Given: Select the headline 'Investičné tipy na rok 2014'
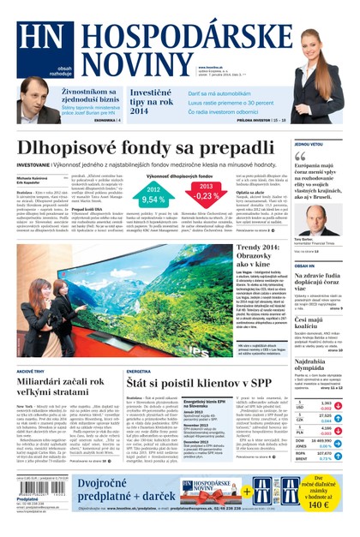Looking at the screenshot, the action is (151, 101).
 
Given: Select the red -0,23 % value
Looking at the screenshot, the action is (207, 196).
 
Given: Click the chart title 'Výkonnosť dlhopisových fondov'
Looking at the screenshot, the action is (180, 174).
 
